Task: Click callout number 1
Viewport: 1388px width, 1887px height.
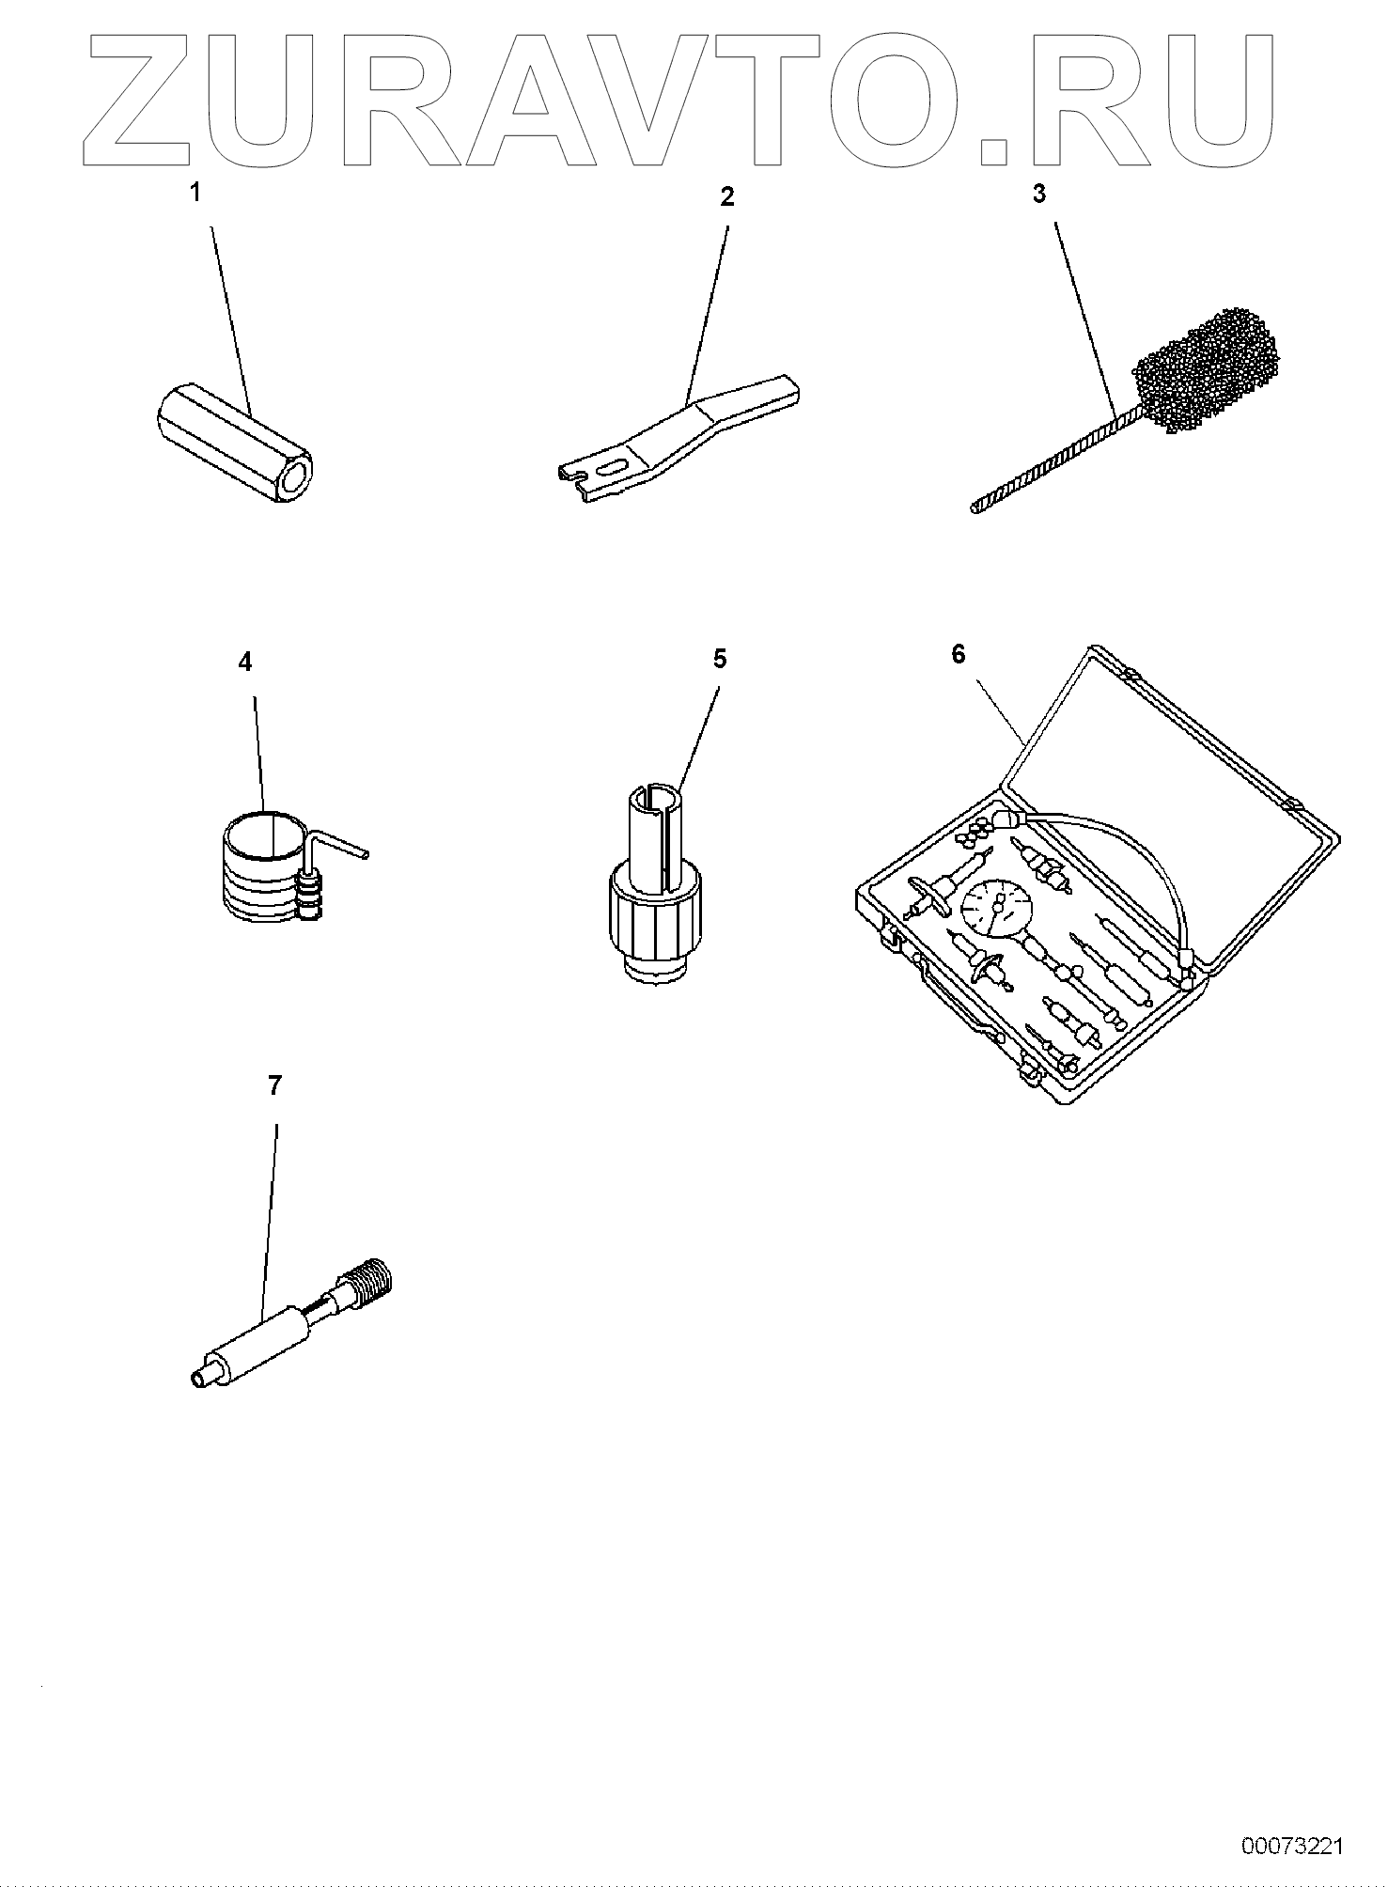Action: pos(195,194)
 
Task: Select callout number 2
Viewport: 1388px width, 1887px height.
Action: pos(726,196)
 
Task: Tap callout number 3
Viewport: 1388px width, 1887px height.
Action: pos(1038,194)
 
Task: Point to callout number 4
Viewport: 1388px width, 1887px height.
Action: pos(245,662)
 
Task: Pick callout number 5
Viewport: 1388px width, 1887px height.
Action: pos(719,659)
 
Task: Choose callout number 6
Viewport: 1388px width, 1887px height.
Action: pos(958,654)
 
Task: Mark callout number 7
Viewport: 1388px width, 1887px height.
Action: pos(274,1086)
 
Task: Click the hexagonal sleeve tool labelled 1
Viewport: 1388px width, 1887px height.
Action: pos(235,443)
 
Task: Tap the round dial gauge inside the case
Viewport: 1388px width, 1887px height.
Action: pos(995,908)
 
